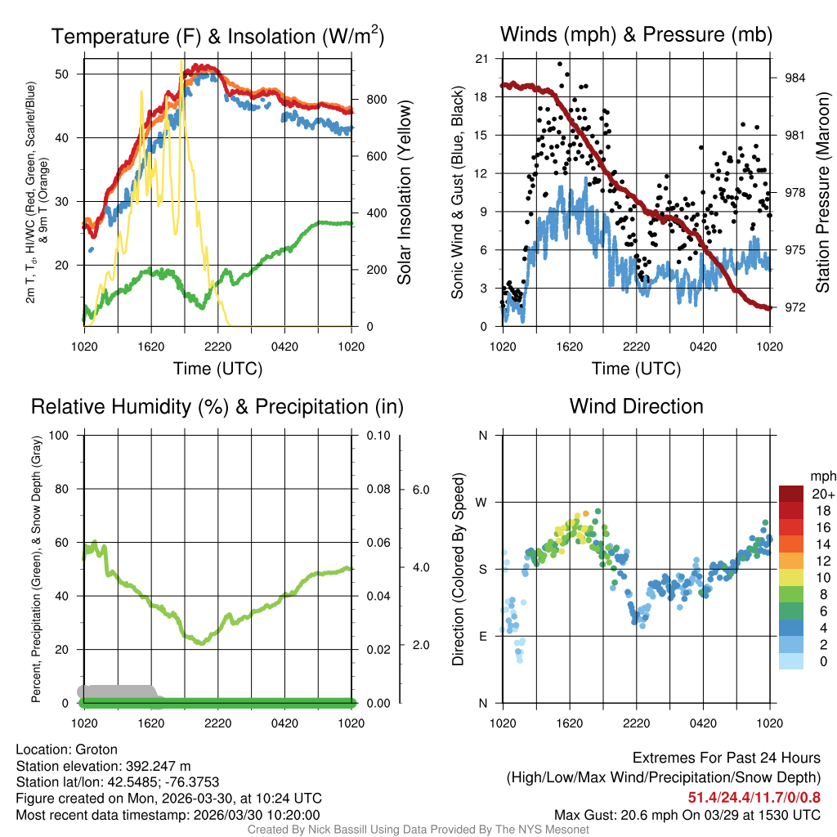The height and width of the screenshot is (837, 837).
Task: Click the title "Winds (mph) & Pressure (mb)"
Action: pyautogui.click(x=636, y=34)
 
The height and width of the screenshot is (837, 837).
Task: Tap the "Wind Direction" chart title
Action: pyautogui.click(x=636, y=406)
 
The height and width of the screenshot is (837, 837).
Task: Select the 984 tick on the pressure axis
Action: pyautogui.click(x=794, y=78)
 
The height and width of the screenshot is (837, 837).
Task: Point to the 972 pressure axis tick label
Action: pyautogui.click(x=794, y=307)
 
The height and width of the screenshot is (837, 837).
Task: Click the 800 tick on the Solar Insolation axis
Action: pyautogui.click(x=376, y=100)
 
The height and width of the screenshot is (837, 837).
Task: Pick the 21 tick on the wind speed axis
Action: pyautogui.click(x=482, y=58)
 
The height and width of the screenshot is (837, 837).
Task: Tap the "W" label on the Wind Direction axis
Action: pyautogui.click(x=482, y=502)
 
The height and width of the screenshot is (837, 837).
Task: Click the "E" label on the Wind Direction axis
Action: pyautogui.click(x=482, y=636)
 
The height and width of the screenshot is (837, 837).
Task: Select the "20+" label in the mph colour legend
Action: pyautogui.click(x=821, y=495)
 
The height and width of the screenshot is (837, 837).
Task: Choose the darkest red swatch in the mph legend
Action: pyautogui.click(x=791, y=494)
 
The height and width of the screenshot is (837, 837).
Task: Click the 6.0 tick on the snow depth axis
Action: pyautogui.click(x=420, y=490)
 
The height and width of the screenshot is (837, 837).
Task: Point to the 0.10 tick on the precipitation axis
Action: pyautogui.click(x=377, y=436)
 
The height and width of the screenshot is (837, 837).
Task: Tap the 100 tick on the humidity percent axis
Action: pyautogui.click(x=58, y=436)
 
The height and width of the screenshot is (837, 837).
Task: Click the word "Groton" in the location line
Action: pyautogui.click(x=96, y=750)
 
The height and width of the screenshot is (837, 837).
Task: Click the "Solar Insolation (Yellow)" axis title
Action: pyautogui.click(x=404, y=192)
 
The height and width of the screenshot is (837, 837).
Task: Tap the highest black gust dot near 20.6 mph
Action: pyautogui.click(x=560, y=64)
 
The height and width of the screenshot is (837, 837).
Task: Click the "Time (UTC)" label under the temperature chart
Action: pyautogui.click(x=217, y=369)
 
